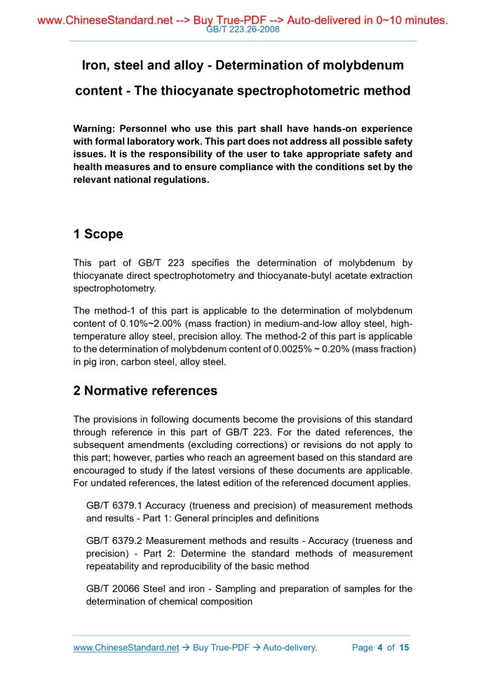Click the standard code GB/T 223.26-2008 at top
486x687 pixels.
[x=243, y=32]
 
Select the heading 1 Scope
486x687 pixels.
[x=98, y=234]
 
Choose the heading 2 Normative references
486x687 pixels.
[x=145, y=390]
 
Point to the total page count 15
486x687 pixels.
[x=404, y=648]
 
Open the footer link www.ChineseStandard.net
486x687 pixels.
[x=126, y=648]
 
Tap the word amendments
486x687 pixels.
[x=149, y=445]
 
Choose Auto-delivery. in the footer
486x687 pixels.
[x=290, y=648]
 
